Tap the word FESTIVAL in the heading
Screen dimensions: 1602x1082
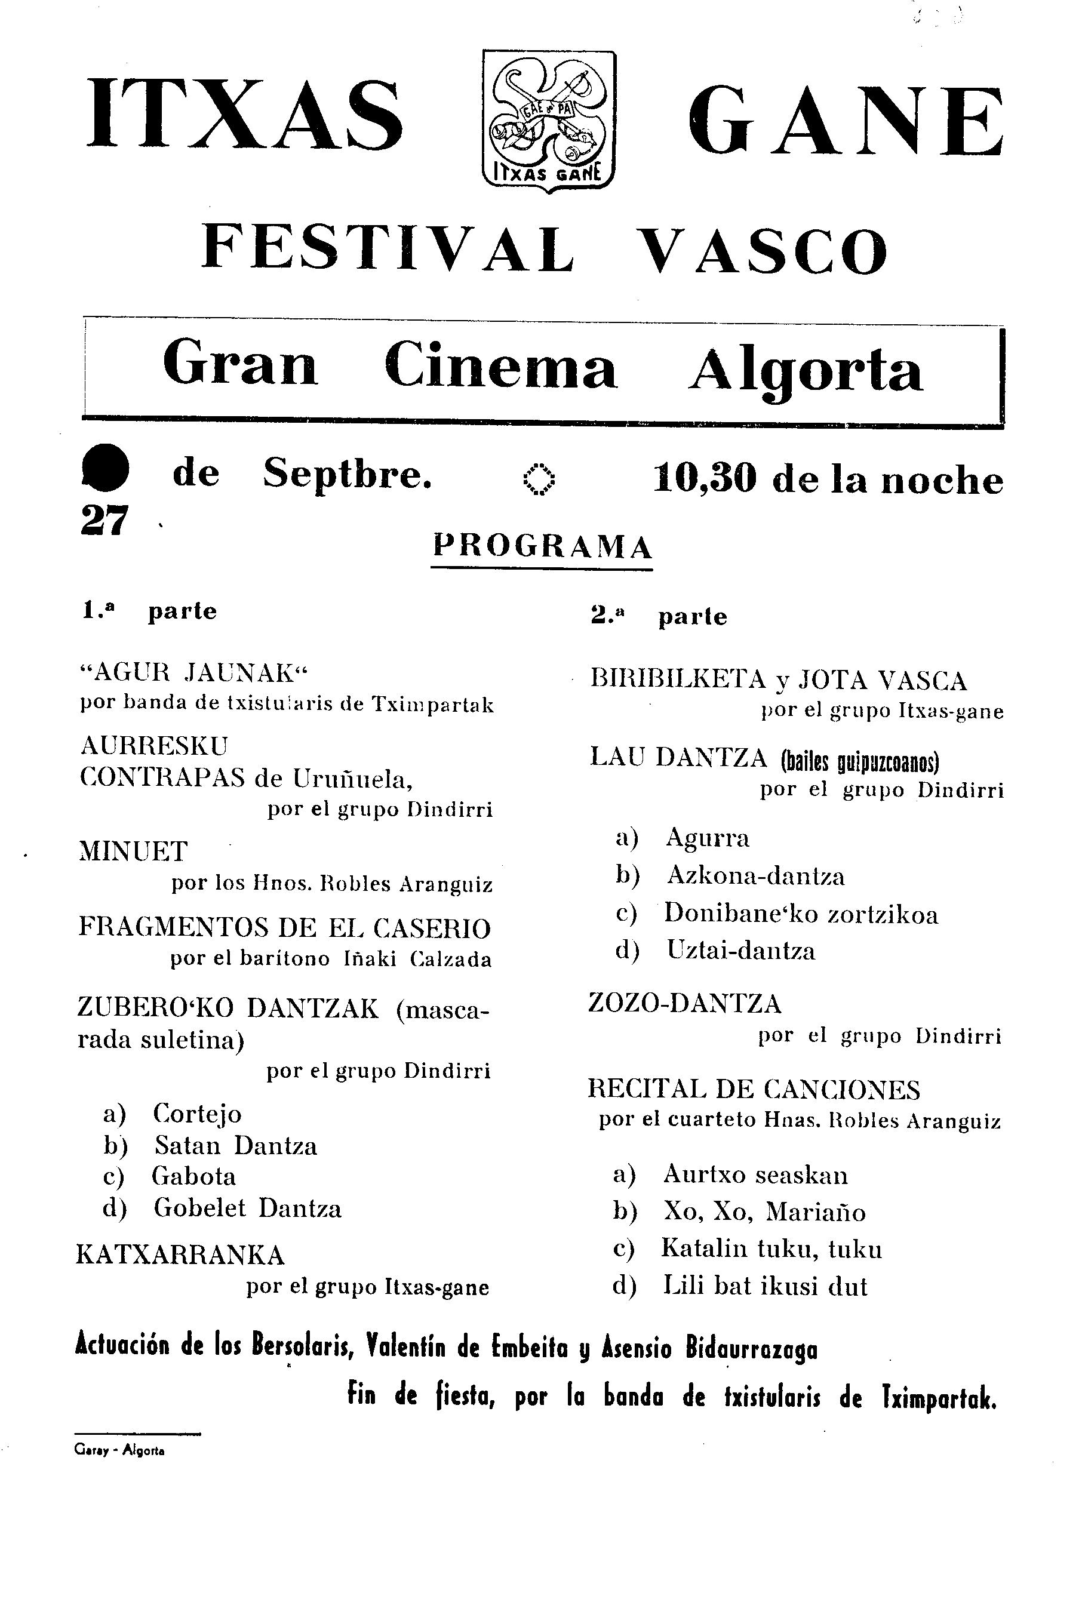click(x=388, y=249)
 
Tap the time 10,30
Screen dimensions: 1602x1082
click(x=705, y=478)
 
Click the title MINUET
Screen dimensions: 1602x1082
click(x=133, y=851)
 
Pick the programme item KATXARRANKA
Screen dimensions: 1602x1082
click(x=180, y=1255)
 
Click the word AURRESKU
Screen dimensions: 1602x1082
click(x=153, y=746)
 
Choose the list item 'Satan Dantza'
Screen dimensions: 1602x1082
click(x=235, y=1146)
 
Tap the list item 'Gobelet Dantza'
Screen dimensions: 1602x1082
click(x=247, y=1209)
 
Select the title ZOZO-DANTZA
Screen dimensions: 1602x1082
click(x=684, y=1003)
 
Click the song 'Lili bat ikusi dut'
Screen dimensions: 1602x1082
click(x=765, y=1286)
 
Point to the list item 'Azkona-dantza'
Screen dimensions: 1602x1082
click(x=755, y=876)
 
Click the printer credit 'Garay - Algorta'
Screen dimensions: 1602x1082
click(x=119, y=1451)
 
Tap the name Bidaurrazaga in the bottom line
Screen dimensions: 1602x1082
click(x=751, y=1349)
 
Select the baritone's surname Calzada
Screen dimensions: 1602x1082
click(x=451, y=960)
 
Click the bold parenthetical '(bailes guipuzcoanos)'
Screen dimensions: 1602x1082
click(x=860, y=762)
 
